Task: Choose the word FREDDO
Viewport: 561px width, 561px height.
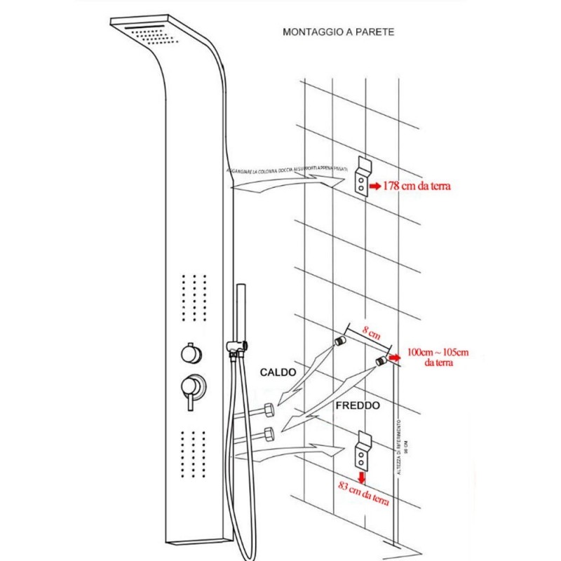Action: click(x=358, y=405)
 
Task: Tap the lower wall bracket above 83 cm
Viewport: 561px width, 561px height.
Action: click(x=363, y=451)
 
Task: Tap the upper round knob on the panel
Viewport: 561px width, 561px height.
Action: click(x=189, y=352)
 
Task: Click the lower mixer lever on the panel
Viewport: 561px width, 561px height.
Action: click(x=190, y=390)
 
